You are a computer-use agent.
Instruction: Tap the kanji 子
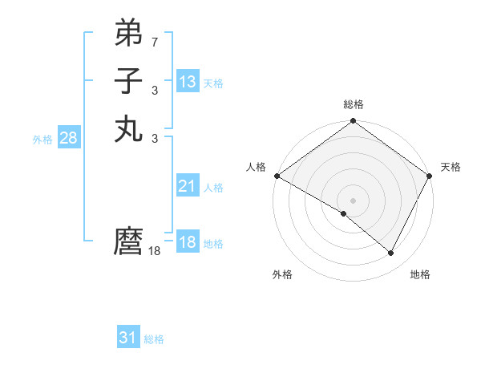(128, 80)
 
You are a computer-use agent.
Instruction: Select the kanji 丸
(128, 128)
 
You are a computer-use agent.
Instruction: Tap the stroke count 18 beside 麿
(155, 250)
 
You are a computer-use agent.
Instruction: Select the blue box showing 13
(188, 82)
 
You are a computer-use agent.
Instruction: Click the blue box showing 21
(188, 186)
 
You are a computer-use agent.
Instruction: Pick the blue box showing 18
(188, 242)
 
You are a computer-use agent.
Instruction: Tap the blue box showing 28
(68, 138)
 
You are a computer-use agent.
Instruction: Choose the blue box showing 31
(128, 338)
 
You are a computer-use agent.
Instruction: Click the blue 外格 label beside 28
(42, 140)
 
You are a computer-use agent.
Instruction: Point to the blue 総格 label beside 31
(155, 339)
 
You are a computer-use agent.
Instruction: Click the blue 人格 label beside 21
(213, 188)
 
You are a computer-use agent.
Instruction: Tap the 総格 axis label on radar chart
(354, 104)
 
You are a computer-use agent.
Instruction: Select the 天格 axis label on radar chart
(451, 167)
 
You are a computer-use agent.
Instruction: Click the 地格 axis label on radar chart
(420, 274)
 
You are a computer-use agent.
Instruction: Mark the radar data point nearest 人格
(277, 176)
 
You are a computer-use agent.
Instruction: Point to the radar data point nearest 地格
(391, 253)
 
